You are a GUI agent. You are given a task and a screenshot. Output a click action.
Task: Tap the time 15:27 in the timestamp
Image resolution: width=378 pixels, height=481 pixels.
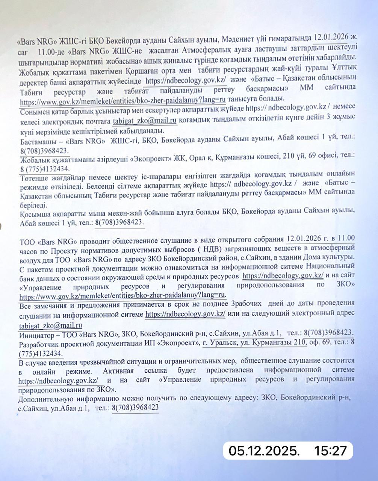[x=330, y=450]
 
